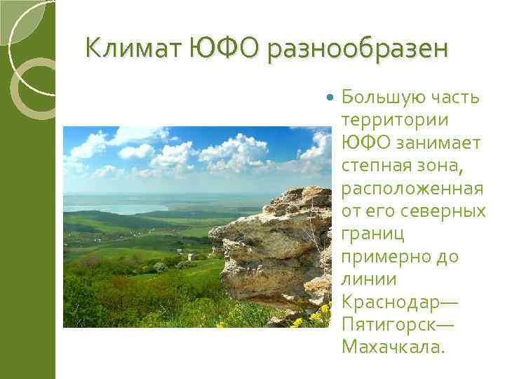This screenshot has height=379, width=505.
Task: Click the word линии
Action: tap(368, 279)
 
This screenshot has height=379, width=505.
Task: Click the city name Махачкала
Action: tap(393, 347)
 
